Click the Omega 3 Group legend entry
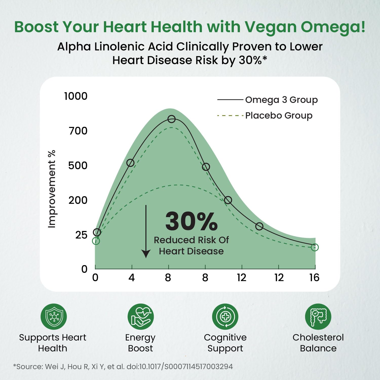pyautogui.click(x=281, y=100)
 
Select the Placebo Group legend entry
pyautogui.click(x=279, y=116)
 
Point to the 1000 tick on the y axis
pyautogui.click(x=76, y=96)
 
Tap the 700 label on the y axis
pyautogui.click(x=78, y=131)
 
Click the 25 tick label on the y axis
pyautogui.click(x=81, y=235)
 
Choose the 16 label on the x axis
pyautogui.click(x=314, y=278)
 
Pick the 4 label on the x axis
pyautogui.click(x=131, y=278)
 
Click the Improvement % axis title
pyautogui.click(x=52, y=189)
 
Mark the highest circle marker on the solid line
pyautogui.click(x=172, y=119)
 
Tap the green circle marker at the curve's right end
pyautogui.click(x=315, y=247)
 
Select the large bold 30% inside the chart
pyautogui.click(x=192, y=221)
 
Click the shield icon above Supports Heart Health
pyautogui.click(x=54, y=317)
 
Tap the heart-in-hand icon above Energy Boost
pyautogui.click(x=141, y=317)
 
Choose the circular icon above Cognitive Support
pyautogui.click(x=225, y=317)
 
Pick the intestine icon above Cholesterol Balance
pyautogui.click(x=318, y=317)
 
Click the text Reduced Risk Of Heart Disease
pyautogui.click(x=191, y=245)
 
